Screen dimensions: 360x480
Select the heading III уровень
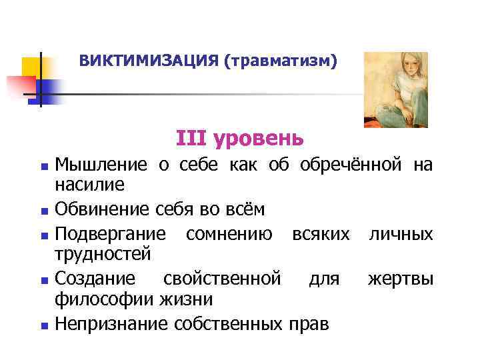point(240,138)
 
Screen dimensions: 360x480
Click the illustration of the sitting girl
point(395,89)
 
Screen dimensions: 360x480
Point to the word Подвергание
point(111,235)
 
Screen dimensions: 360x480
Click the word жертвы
point(400,279)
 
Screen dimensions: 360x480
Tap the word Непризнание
point(111,324)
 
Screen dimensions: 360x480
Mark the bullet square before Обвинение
point(43,211)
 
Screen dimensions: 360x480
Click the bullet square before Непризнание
point(43,325)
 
